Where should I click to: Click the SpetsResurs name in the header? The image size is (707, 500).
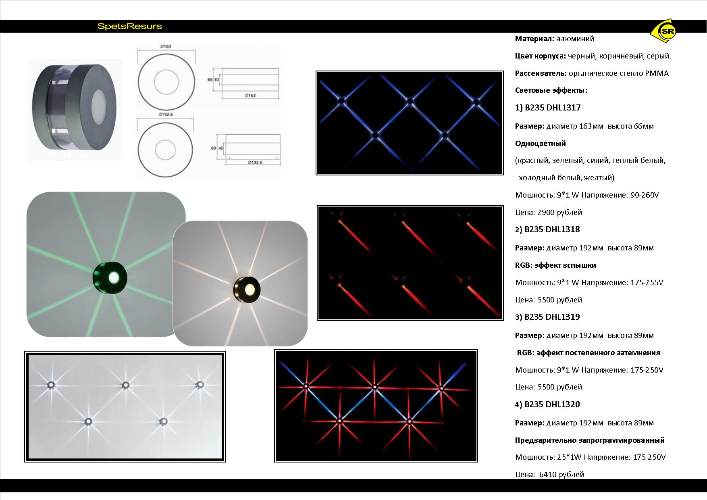click(130, 27)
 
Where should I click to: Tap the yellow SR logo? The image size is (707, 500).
click(664, 31)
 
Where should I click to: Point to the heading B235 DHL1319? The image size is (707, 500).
click(552, 317)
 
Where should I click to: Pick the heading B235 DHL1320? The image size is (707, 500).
click(552, 404)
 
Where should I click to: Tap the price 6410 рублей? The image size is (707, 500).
click(561, 475)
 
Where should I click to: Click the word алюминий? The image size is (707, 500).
click(575, 39)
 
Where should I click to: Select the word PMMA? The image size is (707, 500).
click(657, 73)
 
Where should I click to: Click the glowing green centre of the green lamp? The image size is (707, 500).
click(114, 277)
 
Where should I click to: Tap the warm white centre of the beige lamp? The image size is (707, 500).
click(250, 289)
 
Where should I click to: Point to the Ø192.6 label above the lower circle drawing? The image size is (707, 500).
click(166, 115)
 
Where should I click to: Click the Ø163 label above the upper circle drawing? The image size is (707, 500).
click(166, 46)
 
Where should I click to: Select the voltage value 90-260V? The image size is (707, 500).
click(645, 195)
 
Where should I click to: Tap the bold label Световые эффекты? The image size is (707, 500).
click(551, 90)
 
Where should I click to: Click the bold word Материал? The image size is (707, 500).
click(534, 39)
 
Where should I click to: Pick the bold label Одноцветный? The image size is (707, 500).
click(541, 144)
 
